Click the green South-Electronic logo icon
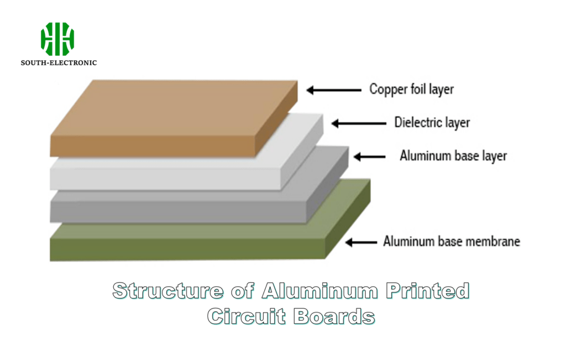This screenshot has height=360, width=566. (57, 39)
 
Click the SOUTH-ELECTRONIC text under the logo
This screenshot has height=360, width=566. (59, 63)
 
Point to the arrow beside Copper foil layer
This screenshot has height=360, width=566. (329, 89)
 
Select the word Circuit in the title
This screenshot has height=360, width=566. (246, 316)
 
